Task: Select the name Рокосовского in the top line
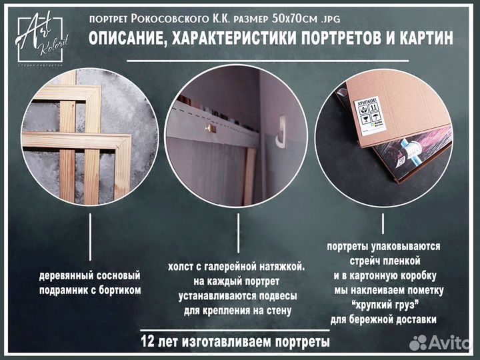click(x=170, y=19)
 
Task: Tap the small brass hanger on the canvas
click(x=211, y=127)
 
